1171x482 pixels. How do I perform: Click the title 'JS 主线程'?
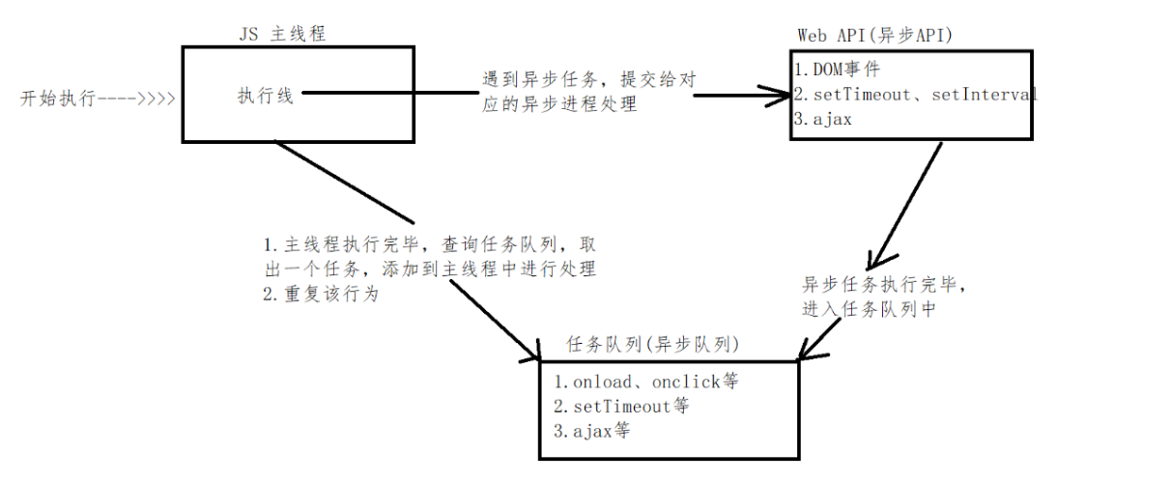click(x=283, y=34)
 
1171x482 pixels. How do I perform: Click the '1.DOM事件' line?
click(x=837, y=71)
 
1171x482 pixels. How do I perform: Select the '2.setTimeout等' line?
click(x=622, y=406)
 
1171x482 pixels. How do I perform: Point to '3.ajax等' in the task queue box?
click(x=592, y=431)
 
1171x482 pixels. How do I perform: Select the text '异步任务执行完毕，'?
click(x=884, y=286)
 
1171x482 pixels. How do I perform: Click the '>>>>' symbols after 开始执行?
click(x=157, y=99)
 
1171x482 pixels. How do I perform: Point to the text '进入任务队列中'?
click(x=869, y=310)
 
